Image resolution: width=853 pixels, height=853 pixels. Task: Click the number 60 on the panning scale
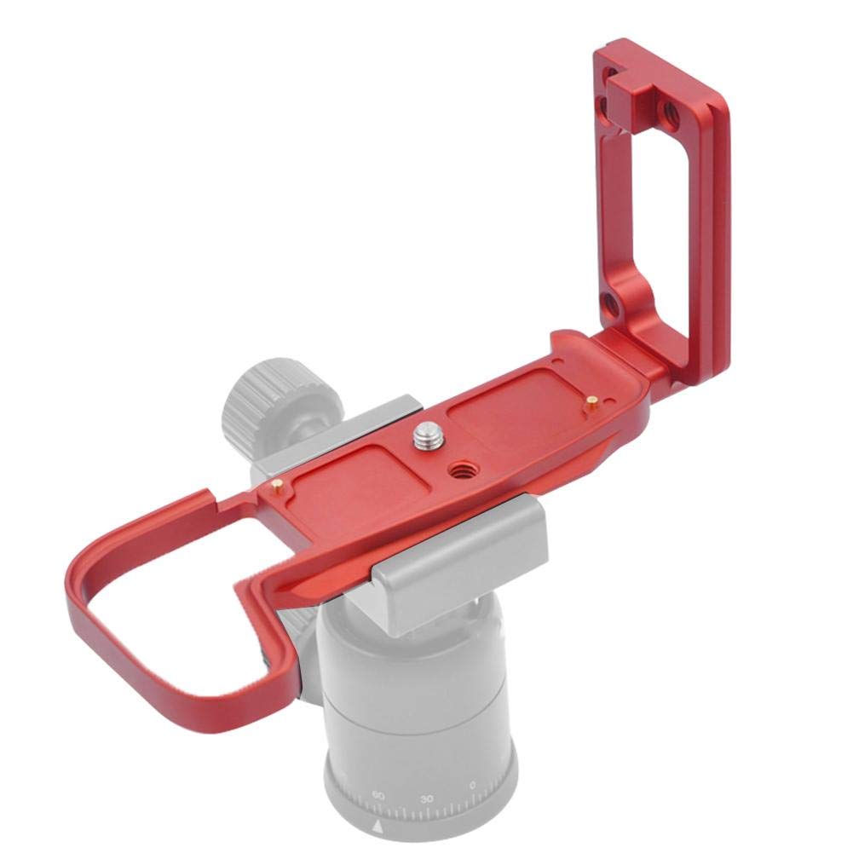(378, 796)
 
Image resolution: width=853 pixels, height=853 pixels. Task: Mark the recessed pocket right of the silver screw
(511, 418)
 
